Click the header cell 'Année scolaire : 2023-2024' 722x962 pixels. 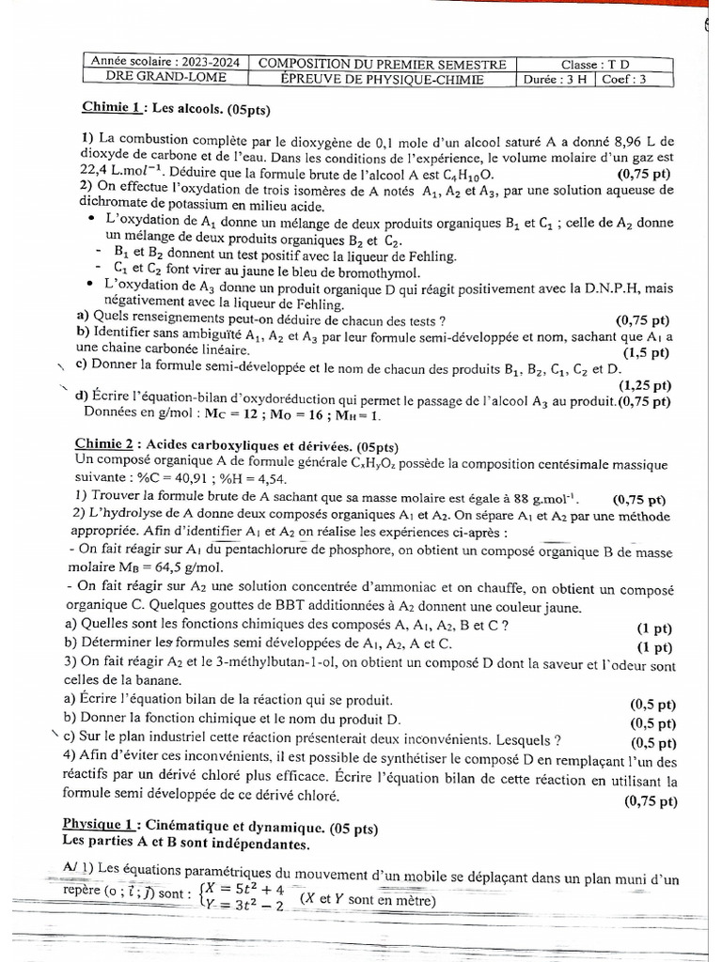point(165,62)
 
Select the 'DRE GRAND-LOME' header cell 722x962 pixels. point(165,79)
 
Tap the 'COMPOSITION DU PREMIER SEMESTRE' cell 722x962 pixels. point(382,63)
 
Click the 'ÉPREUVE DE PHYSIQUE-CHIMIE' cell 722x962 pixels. point(382,80)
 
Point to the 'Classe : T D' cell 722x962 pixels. point(596,63)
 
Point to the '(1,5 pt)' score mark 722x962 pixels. point(645,352)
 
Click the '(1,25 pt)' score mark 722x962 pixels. point(644,385)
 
